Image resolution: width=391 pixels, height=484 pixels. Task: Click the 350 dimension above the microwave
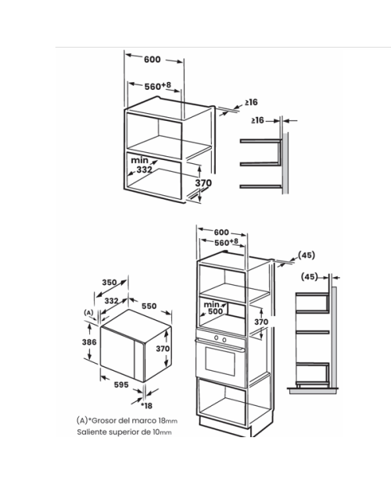point(109,282)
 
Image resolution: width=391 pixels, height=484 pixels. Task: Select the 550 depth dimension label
point(149,306)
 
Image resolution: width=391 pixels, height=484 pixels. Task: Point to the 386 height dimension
point(89,342)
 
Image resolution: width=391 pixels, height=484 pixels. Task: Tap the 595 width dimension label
point(121,385)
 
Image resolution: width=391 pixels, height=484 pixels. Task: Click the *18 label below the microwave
point(147,406)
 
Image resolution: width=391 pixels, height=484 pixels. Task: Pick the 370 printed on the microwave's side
point(163,348)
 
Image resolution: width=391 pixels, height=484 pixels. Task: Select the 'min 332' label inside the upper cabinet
point(142,165)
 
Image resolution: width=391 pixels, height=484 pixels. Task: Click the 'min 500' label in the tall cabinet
point(213,308)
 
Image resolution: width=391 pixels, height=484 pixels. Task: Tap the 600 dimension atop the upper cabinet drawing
point(152,59)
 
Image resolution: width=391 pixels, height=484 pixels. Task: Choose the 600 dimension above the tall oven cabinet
point(221,232)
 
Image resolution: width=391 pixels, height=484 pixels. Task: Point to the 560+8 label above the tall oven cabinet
point(227,242)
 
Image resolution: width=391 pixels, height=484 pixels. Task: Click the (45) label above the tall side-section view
point(310,277)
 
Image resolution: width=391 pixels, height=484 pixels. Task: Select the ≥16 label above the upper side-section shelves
point(257,120)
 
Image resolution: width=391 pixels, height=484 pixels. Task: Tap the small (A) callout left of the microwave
point(88,313)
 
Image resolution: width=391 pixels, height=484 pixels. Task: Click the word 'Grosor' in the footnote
point(104,421)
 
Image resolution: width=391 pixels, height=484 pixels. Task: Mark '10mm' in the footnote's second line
point(162,432)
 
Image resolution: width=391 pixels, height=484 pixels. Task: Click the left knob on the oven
point(217,338)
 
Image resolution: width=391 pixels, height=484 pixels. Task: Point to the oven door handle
point(220,344)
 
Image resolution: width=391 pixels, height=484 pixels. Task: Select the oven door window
point(220,361)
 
